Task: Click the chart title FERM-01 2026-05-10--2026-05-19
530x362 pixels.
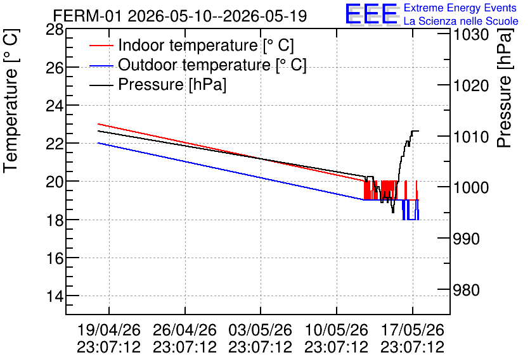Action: [x=180, y=16]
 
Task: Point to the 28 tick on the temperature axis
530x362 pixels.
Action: [x=55, y=30]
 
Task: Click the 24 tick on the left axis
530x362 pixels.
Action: [x=55, y=106]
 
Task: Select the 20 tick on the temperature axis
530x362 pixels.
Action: [x=55, y=182]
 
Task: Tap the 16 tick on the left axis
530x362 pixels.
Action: [x=55, y=258]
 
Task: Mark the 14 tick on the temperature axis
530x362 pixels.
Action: [x=55, y=296]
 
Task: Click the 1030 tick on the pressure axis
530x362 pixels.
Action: [x=471, y=35]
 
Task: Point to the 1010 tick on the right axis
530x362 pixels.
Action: [x=471, y=137]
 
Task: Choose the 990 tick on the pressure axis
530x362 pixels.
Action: [x=466, y=239]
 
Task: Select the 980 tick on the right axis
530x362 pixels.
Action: [x=466, y=290]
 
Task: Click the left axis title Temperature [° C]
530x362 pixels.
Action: [x=11, y=101]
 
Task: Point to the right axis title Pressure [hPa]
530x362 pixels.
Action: [x=505, y=88]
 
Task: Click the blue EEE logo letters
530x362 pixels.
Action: [x=371, y=13]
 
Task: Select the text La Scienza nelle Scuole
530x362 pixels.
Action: [x=461, y=21]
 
